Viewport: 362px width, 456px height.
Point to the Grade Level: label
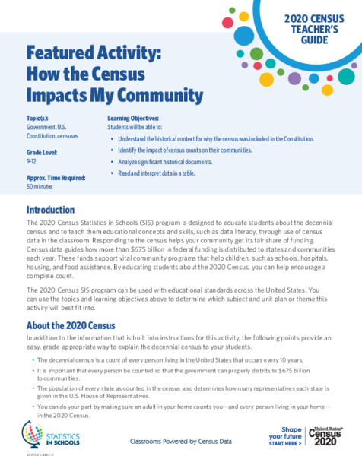tap(46, 152)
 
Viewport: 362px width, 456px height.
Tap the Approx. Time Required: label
tap(56, 177)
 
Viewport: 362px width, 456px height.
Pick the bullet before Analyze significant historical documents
tap(113, 162)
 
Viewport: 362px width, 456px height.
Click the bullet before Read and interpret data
tap(113, 173)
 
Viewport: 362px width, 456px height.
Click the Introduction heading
tap(50, 209)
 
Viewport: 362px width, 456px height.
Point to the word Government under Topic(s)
tap(43, 128)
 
